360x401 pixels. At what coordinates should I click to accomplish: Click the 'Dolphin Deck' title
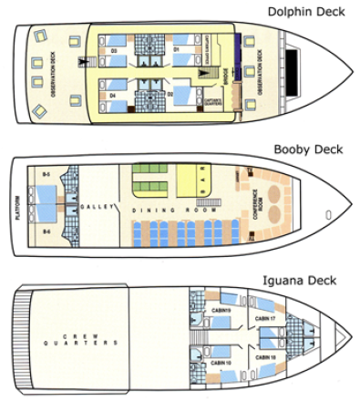click(x=306, y=12)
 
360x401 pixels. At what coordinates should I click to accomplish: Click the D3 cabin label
click(x=114, y=50)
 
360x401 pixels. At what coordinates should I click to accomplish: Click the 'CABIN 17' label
click(x=265, y=317)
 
